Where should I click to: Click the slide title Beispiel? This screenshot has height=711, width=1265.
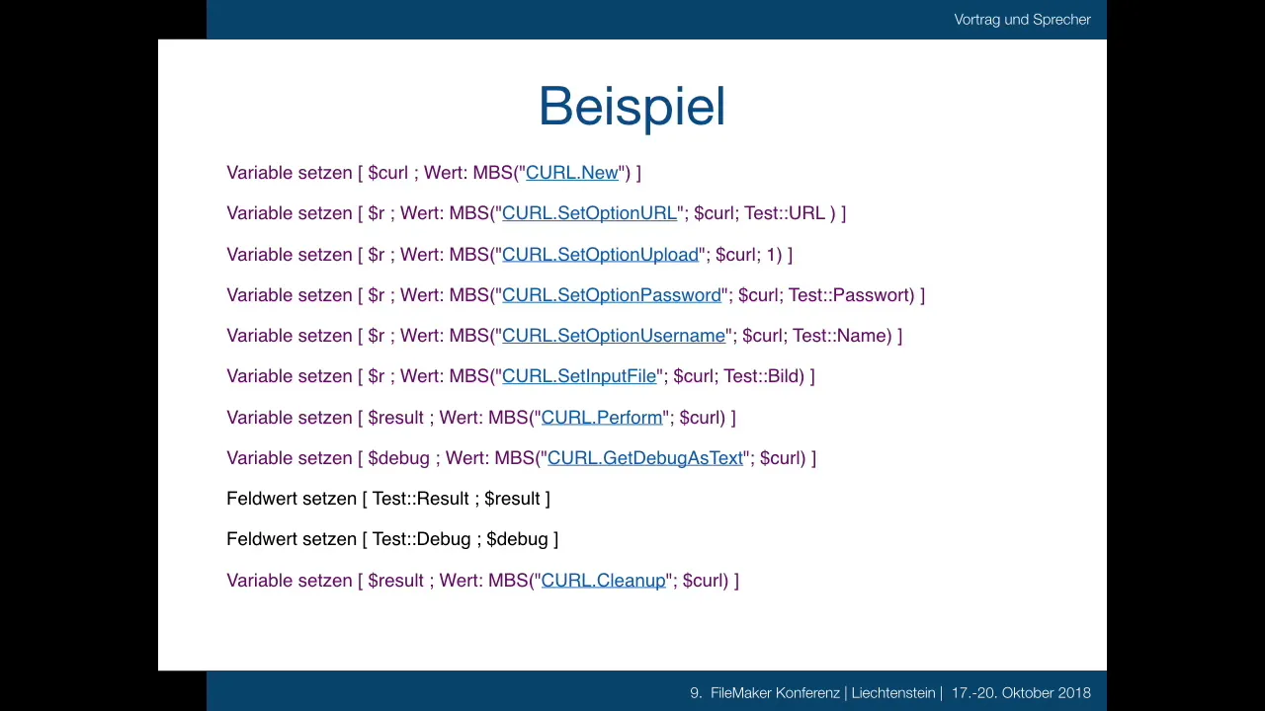[632, 108]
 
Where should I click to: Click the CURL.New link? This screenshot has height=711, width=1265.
[572, 173]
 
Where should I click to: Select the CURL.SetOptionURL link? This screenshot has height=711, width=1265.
[590, 213]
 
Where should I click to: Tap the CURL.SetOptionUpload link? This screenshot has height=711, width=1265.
[600, 255]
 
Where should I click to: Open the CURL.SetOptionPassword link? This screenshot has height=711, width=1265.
[612, 295]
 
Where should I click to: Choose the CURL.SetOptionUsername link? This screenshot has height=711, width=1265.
[614, 336]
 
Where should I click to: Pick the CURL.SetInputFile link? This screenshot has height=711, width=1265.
[579, 376]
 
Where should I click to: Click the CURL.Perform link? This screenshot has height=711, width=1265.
[602, 418]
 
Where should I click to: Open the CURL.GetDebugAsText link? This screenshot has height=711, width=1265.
[645, 458]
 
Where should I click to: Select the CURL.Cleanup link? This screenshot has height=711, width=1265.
[604, 581]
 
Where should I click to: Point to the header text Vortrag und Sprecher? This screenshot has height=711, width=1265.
[1022, 20]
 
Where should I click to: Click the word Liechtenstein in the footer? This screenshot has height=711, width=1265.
[893, 693]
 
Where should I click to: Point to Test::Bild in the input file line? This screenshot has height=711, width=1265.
[761, 376]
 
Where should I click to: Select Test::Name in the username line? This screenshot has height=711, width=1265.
[840, 336]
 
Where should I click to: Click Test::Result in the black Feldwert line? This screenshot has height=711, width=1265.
[420, 499]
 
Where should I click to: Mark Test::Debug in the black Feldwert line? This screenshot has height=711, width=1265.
[421, 539]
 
